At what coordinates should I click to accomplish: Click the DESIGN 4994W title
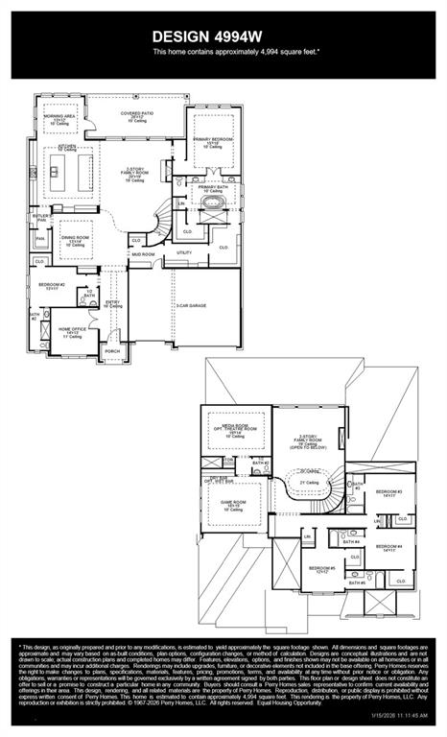[223, 36]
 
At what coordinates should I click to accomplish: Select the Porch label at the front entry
[112, 351]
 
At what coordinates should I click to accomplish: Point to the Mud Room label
[143, 254]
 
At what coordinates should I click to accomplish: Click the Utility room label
[184, 252]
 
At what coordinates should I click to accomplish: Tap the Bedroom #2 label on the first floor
[52, 286]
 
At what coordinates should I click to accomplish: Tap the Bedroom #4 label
[388, 548]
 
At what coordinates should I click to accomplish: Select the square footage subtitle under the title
[223, 52]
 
